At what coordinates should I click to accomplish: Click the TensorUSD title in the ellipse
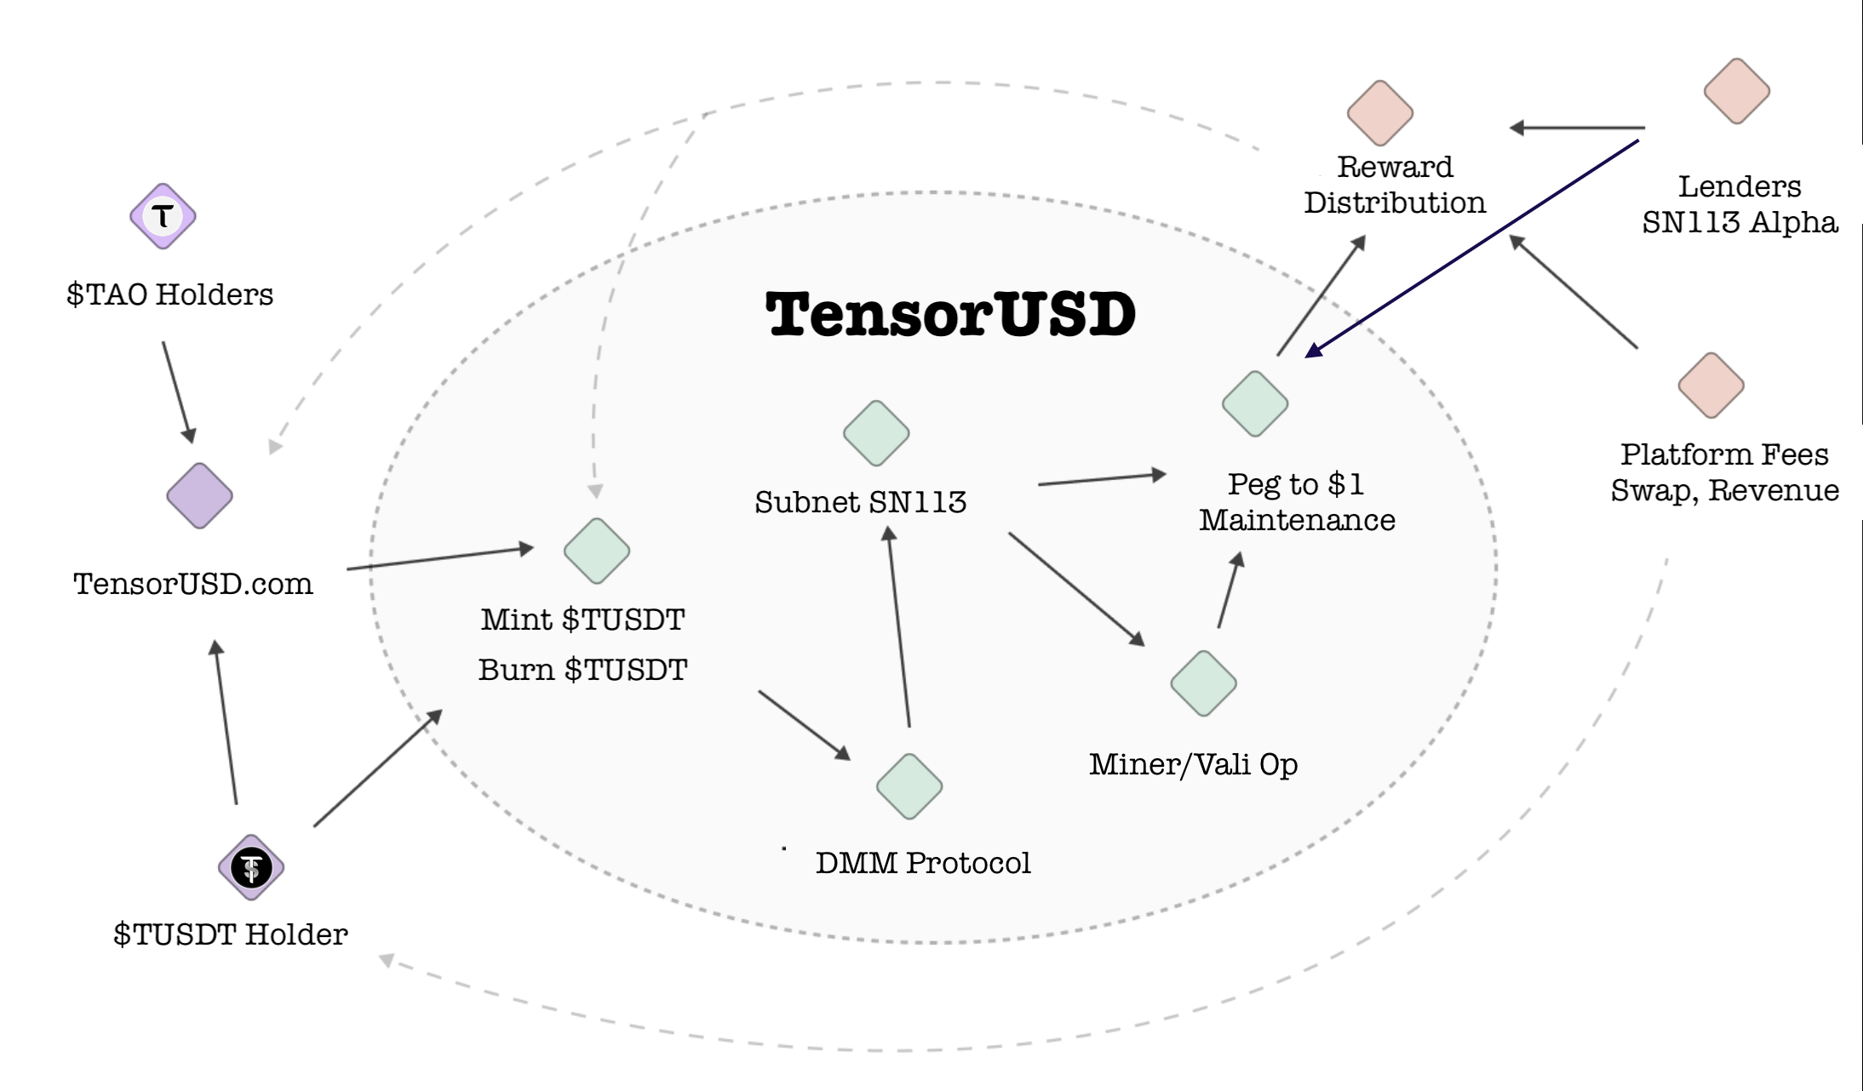(x=950, y=314)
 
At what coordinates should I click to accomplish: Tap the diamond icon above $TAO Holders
(x=163, y=216)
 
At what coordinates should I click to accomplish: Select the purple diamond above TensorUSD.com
(x=199, y=495)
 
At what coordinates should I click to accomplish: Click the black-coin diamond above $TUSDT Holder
(x=251, y=867)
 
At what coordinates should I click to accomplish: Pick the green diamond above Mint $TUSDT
(x=597, y=551)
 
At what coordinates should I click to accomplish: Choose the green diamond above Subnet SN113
(x=876, y=433)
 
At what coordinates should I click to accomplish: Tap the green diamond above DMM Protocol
(x=909, y=786)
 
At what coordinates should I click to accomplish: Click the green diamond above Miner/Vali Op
(x=1203, y=683)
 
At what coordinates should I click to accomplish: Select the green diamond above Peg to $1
(x=1255, y=403)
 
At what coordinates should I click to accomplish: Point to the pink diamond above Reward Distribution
(x=1380, y=113)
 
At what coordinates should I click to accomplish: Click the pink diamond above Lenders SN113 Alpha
(x=1737, y=91)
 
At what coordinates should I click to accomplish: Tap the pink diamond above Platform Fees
(x=1711, y=386)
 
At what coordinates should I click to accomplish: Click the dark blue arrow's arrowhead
(x=1314, y=351)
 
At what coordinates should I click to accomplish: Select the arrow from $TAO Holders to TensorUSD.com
(x=177, y=391)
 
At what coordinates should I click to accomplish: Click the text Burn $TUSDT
(x=582, y=670)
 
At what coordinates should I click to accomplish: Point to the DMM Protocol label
(x=923, y=863)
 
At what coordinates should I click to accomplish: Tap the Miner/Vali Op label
(x=1193, y=764)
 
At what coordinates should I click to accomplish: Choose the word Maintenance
(x=1297, y=520)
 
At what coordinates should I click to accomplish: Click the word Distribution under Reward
(x=1395, y=203)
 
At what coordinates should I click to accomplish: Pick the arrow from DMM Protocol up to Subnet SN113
(x=899, y=627)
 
